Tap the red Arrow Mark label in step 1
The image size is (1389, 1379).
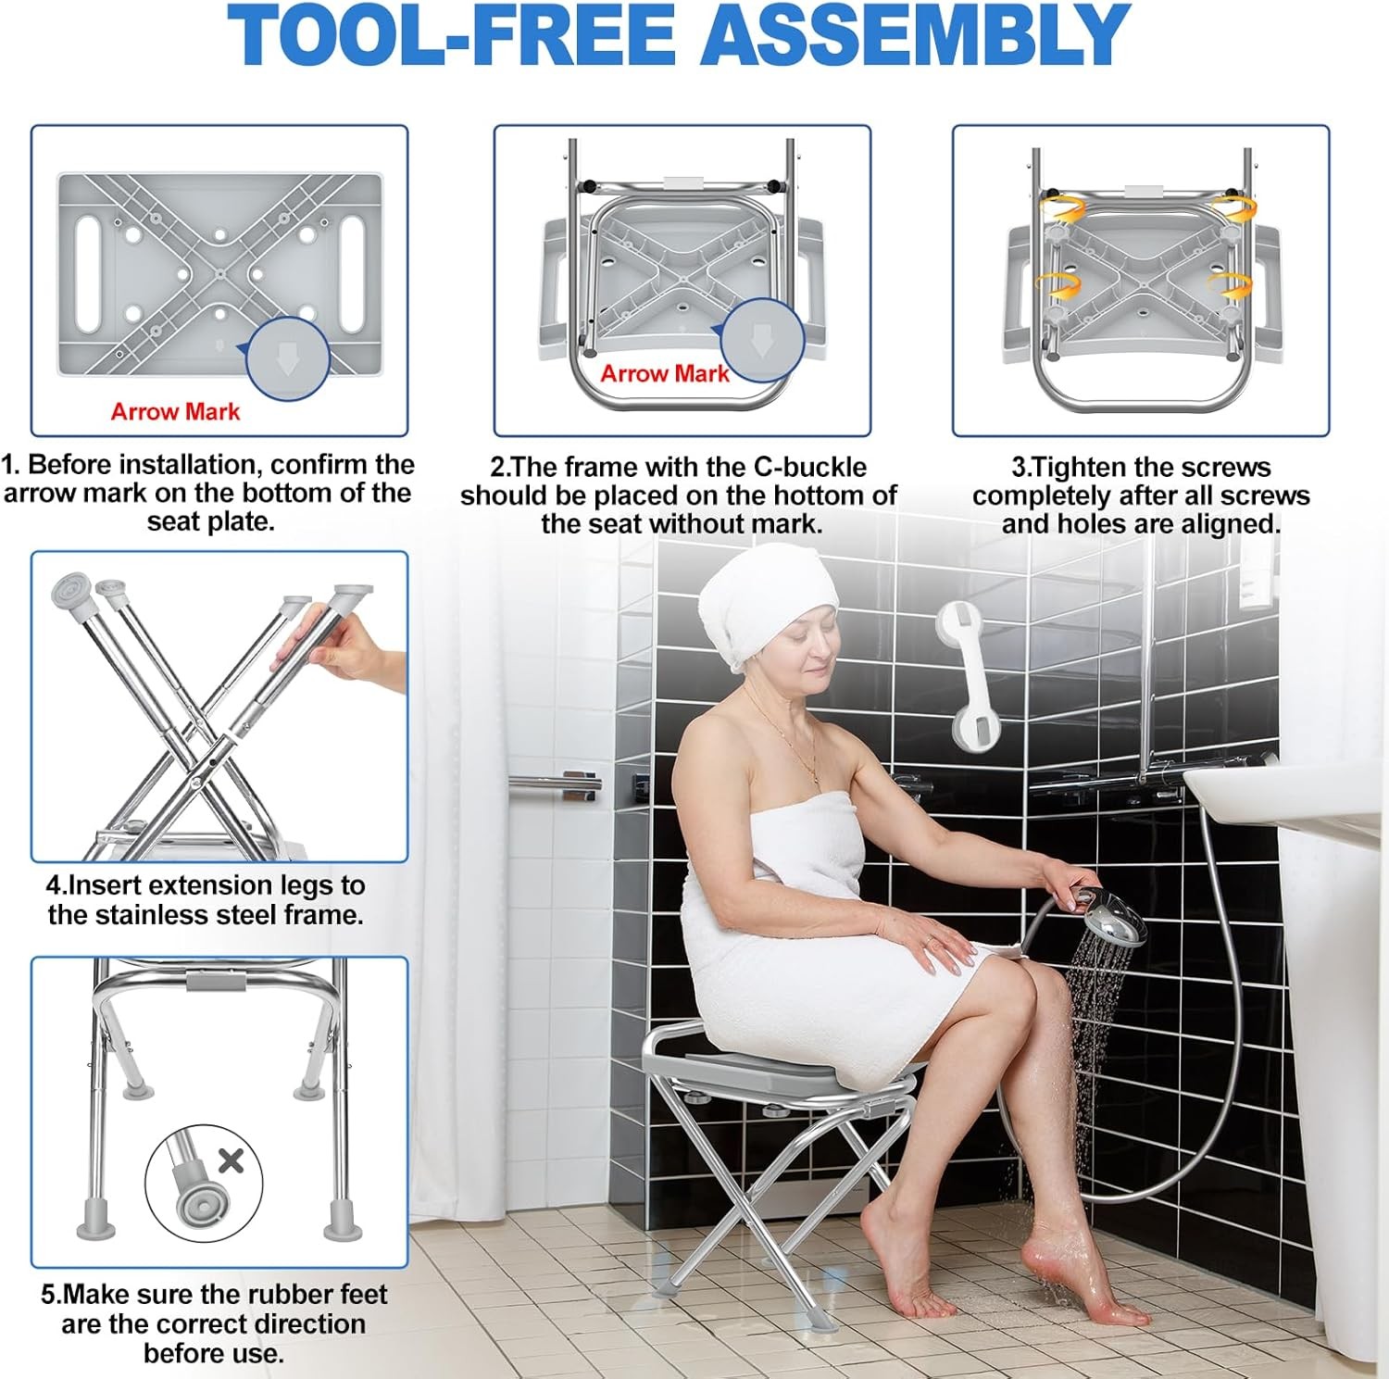175,412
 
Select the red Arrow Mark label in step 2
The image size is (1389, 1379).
665,374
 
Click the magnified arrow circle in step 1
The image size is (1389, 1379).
288,359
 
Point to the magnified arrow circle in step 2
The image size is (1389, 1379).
762,340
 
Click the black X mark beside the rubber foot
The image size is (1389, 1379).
231,1160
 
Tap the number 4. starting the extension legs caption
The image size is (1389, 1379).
56,885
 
